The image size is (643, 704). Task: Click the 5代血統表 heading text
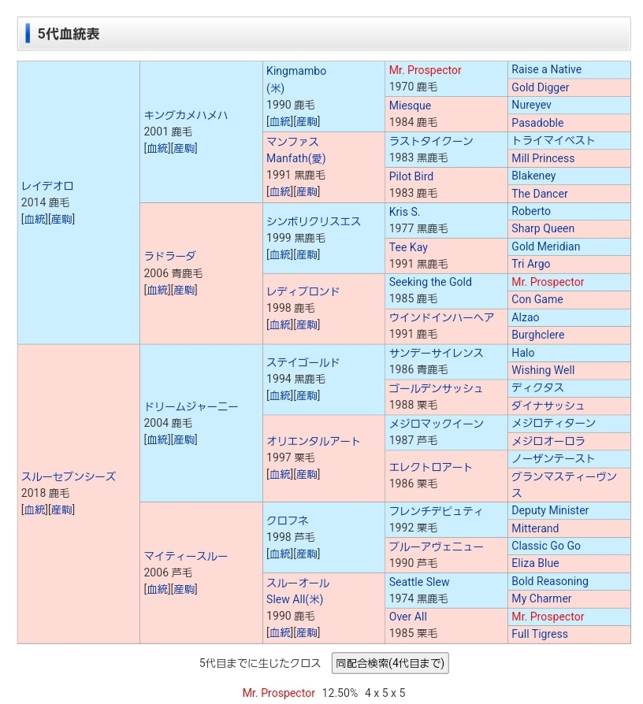tap(69, 34)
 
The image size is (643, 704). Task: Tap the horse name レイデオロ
tap(47, 186)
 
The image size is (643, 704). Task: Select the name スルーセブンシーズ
tap(69, 476)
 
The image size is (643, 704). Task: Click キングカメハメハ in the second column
tap(186, 115)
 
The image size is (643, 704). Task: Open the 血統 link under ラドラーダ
tap(157, 290)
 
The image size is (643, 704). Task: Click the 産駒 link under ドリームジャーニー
tap(185, 439)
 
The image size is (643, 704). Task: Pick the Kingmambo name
tap(296, 71)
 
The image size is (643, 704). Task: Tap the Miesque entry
tap(410, 106)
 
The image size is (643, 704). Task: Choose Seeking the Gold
tap(430, 282)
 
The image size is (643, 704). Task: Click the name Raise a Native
tap(545, 69)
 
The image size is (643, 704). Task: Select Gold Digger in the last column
tap(541, 87)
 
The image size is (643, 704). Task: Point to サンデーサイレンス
tap(436, 353)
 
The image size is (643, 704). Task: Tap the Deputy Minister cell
tap(550, 510)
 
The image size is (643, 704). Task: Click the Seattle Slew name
tap(419, 582)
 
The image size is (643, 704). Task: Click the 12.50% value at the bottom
tap(340, 693)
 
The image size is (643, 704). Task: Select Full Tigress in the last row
tap(540, 634)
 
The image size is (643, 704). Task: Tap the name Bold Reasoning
tap(550, 581)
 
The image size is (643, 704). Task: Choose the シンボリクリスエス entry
tap(314, 221)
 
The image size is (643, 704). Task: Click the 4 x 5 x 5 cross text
tap(385, 693)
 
